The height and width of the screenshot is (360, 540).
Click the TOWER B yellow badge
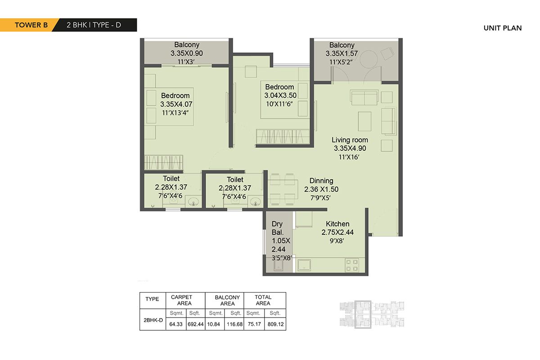coord(28,25)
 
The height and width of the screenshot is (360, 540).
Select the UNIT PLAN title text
coord(502,28)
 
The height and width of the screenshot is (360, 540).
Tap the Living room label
coord(350,140)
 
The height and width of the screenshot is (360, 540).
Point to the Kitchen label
coord(337,224)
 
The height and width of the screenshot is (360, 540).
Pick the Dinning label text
coord(321,181)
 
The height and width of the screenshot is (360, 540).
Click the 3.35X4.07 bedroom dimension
coord(175,104)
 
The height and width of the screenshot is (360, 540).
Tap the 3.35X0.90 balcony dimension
coord(187,53)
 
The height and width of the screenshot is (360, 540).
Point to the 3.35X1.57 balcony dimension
coord(342,53)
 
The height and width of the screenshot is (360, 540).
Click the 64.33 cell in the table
coord(173,324)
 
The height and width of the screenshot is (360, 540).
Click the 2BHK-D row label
coord(152,320)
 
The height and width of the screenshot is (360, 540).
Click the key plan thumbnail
coord(371,314)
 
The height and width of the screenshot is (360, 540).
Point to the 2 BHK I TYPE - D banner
coord(94,25)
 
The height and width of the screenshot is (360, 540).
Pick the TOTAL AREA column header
coord(263,300)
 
